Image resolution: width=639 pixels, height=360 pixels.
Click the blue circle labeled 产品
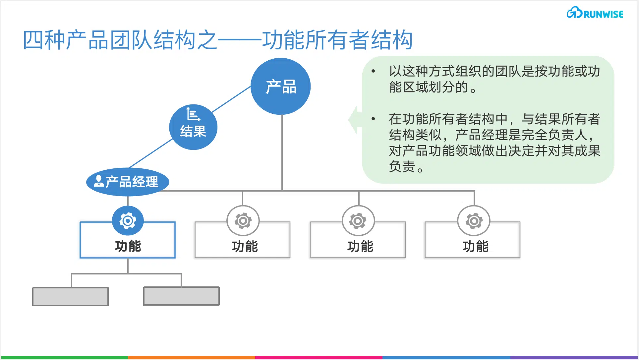280,87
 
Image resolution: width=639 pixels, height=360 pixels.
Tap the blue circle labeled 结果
193,127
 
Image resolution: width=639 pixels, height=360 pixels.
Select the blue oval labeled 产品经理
128,182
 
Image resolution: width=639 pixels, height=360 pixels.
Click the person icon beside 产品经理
99,181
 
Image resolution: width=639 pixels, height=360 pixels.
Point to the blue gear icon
128,221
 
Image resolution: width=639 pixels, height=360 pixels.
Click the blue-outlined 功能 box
128,240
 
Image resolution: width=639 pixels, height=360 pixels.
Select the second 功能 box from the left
243,240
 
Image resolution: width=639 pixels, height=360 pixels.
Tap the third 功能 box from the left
358,240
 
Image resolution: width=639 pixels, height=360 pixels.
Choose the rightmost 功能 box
473,240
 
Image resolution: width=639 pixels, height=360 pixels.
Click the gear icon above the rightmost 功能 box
474,221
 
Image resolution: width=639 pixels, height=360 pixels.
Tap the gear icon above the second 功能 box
243,221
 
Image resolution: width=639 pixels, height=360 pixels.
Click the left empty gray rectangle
70,297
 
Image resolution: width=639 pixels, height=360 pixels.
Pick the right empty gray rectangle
181,296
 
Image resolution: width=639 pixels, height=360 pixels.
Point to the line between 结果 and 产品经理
151,153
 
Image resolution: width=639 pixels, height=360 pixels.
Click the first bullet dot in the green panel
374,71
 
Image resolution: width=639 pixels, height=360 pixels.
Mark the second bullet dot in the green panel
374,119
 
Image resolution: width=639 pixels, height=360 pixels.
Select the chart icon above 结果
193,114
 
